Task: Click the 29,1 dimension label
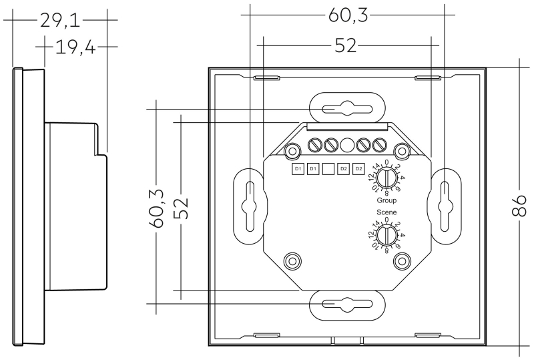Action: tap(60, 21)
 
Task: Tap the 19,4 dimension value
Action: tap(75, 47)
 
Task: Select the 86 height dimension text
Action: tap(519, 205)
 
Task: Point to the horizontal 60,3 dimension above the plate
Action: tap(348, 15)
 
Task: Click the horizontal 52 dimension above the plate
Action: tap(346, 45)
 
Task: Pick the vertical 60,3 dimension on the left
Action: tap(156, 208)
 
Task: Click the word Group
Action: tap(386, 200)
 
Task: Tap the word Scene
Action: tap(386, 212)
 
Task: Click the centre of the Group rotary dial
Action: tap(386, 178)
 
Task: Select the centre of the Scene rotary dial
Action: tap(386, 235)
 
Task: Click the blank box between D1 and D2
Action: tap(328, 169)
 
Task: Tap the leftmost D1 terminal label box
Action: tap(298, 169)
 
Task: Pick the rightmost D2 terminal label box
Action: tap(358, 169)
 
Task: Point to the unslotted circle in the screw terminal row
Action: tap(347, 145)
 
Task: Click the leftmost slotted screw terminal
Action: tap(315, 145)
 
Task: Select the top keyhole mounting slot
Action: tap(347, 109)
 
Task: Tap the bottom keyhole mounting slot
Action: tap(347, 304)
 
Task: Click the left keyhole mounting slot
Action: tap(250, 206)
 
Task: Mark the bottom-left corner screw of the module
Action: tap(292, 261)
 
